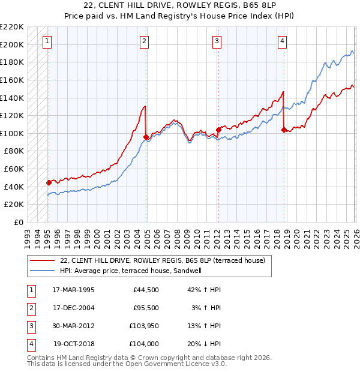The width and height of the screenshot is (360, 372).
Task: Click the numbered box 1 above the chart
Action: coord(47,41)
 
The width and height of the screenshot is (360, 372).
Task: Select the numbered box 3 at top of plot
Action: coord(217,41)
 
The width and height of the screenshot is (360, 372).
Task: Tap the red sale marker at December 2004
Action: coord(146,137)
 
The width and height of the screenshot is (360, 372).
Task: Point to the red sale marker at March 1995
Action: coord(49,182)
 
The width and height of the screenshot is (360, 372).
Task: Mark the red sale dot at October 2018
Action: coord(284,129)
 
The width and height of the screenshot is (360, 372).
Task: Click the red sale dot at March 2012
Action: coord(218,130)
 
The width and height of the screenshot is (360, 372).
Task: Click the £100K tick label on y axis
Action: coord(12,133)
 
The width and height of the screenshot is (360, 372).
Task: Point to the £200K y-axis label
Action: coord(12,44)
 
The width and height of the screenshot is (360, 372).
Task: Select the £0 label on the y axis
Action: coord(19,222)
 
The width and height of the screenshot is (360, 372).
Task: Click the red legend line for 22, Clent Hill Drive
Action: coord(42,260)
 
